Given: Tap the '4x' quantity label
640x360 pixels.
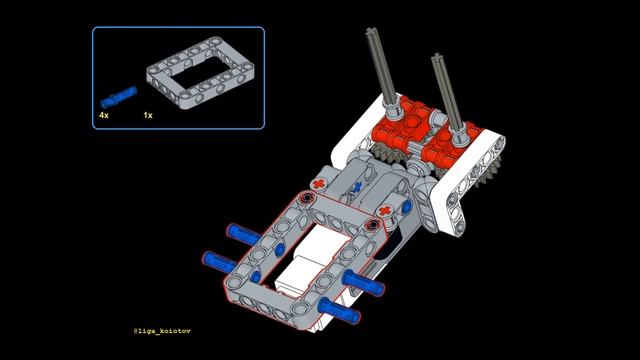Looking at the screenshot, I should pyautogui.click(x=103, y=116).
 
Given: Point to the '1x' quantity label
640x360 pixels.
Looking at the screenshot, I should pyautogui.click(x=147, y=116).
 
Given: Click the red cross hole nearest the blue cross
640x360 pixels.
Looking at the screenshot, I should pyautogui.click(x=318, y=185).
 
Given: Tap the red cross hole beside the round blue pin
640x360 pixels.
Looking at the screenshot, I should pyautogui.click(x=383, y=212).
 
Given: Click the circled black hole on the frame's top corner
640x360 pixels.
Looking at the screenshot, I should pyautogui.click(x=306, y=200).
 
